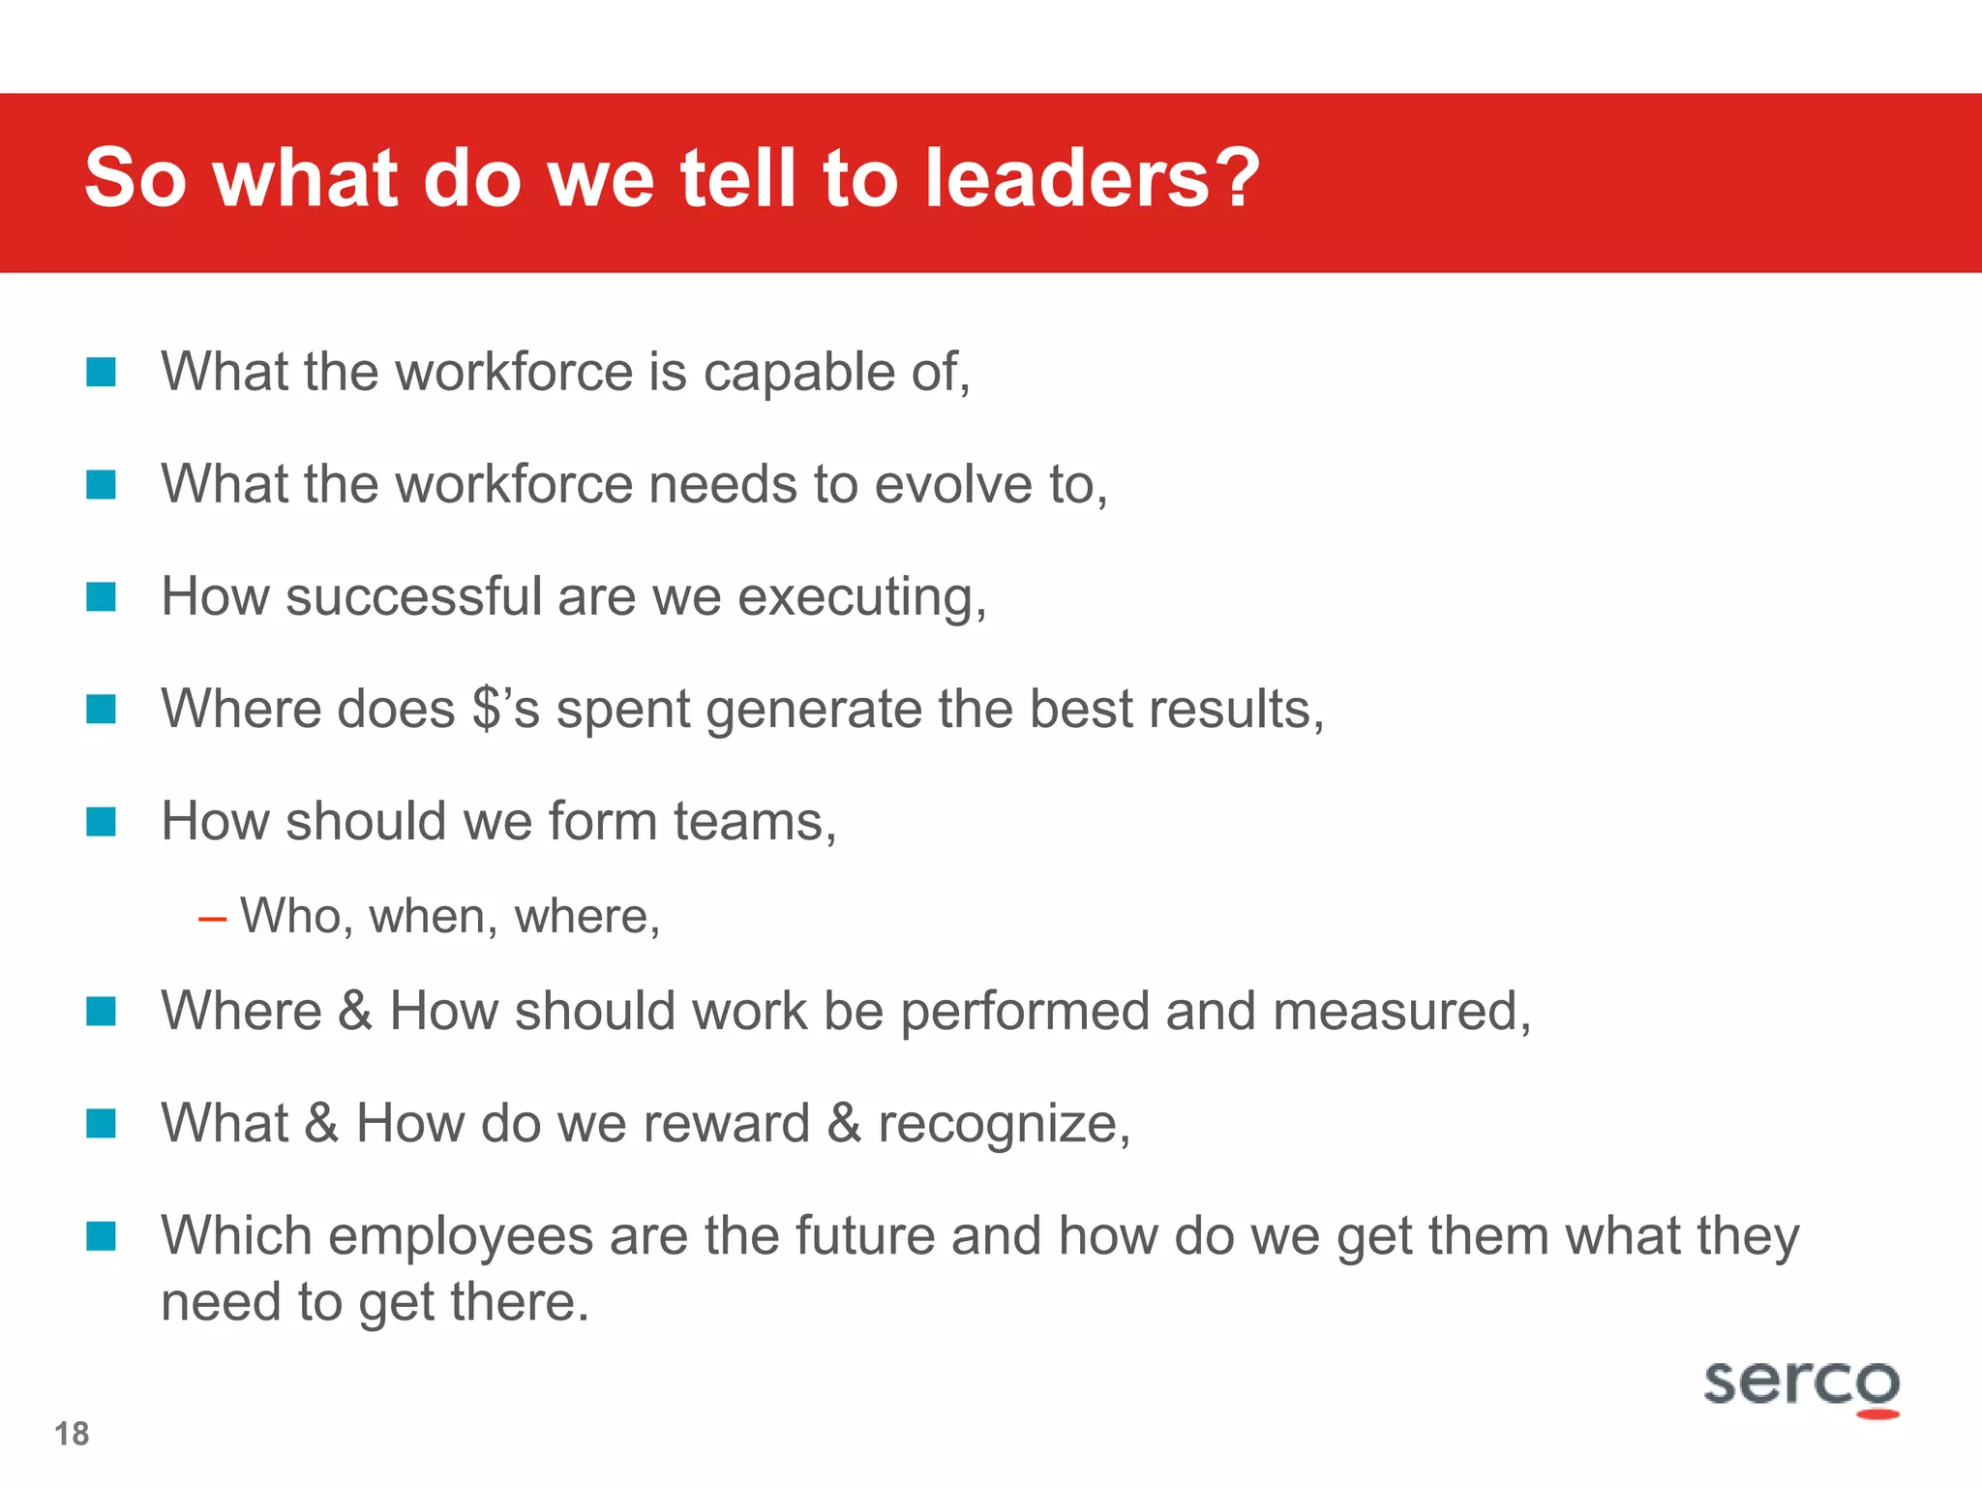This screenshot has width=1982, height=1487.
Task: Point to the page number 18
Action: (72, 1434)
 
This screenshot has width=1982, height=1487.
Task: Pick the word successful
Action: (413, 596)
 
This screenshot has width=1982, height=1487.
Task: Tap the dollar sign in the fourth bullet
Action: (487, 709)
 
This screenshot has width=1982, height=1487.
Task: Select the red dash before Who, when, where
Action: (212, 918)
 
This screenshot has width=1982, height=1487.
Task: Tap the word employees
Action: (460, 1237)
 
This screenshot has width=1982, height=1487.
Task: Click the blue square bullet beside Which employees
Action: (101, 1236)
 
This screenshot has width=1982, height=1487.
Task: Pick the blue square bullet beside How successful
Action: (101, 596)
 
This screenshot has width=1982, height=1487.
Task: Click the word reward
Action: (726, 1123)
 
